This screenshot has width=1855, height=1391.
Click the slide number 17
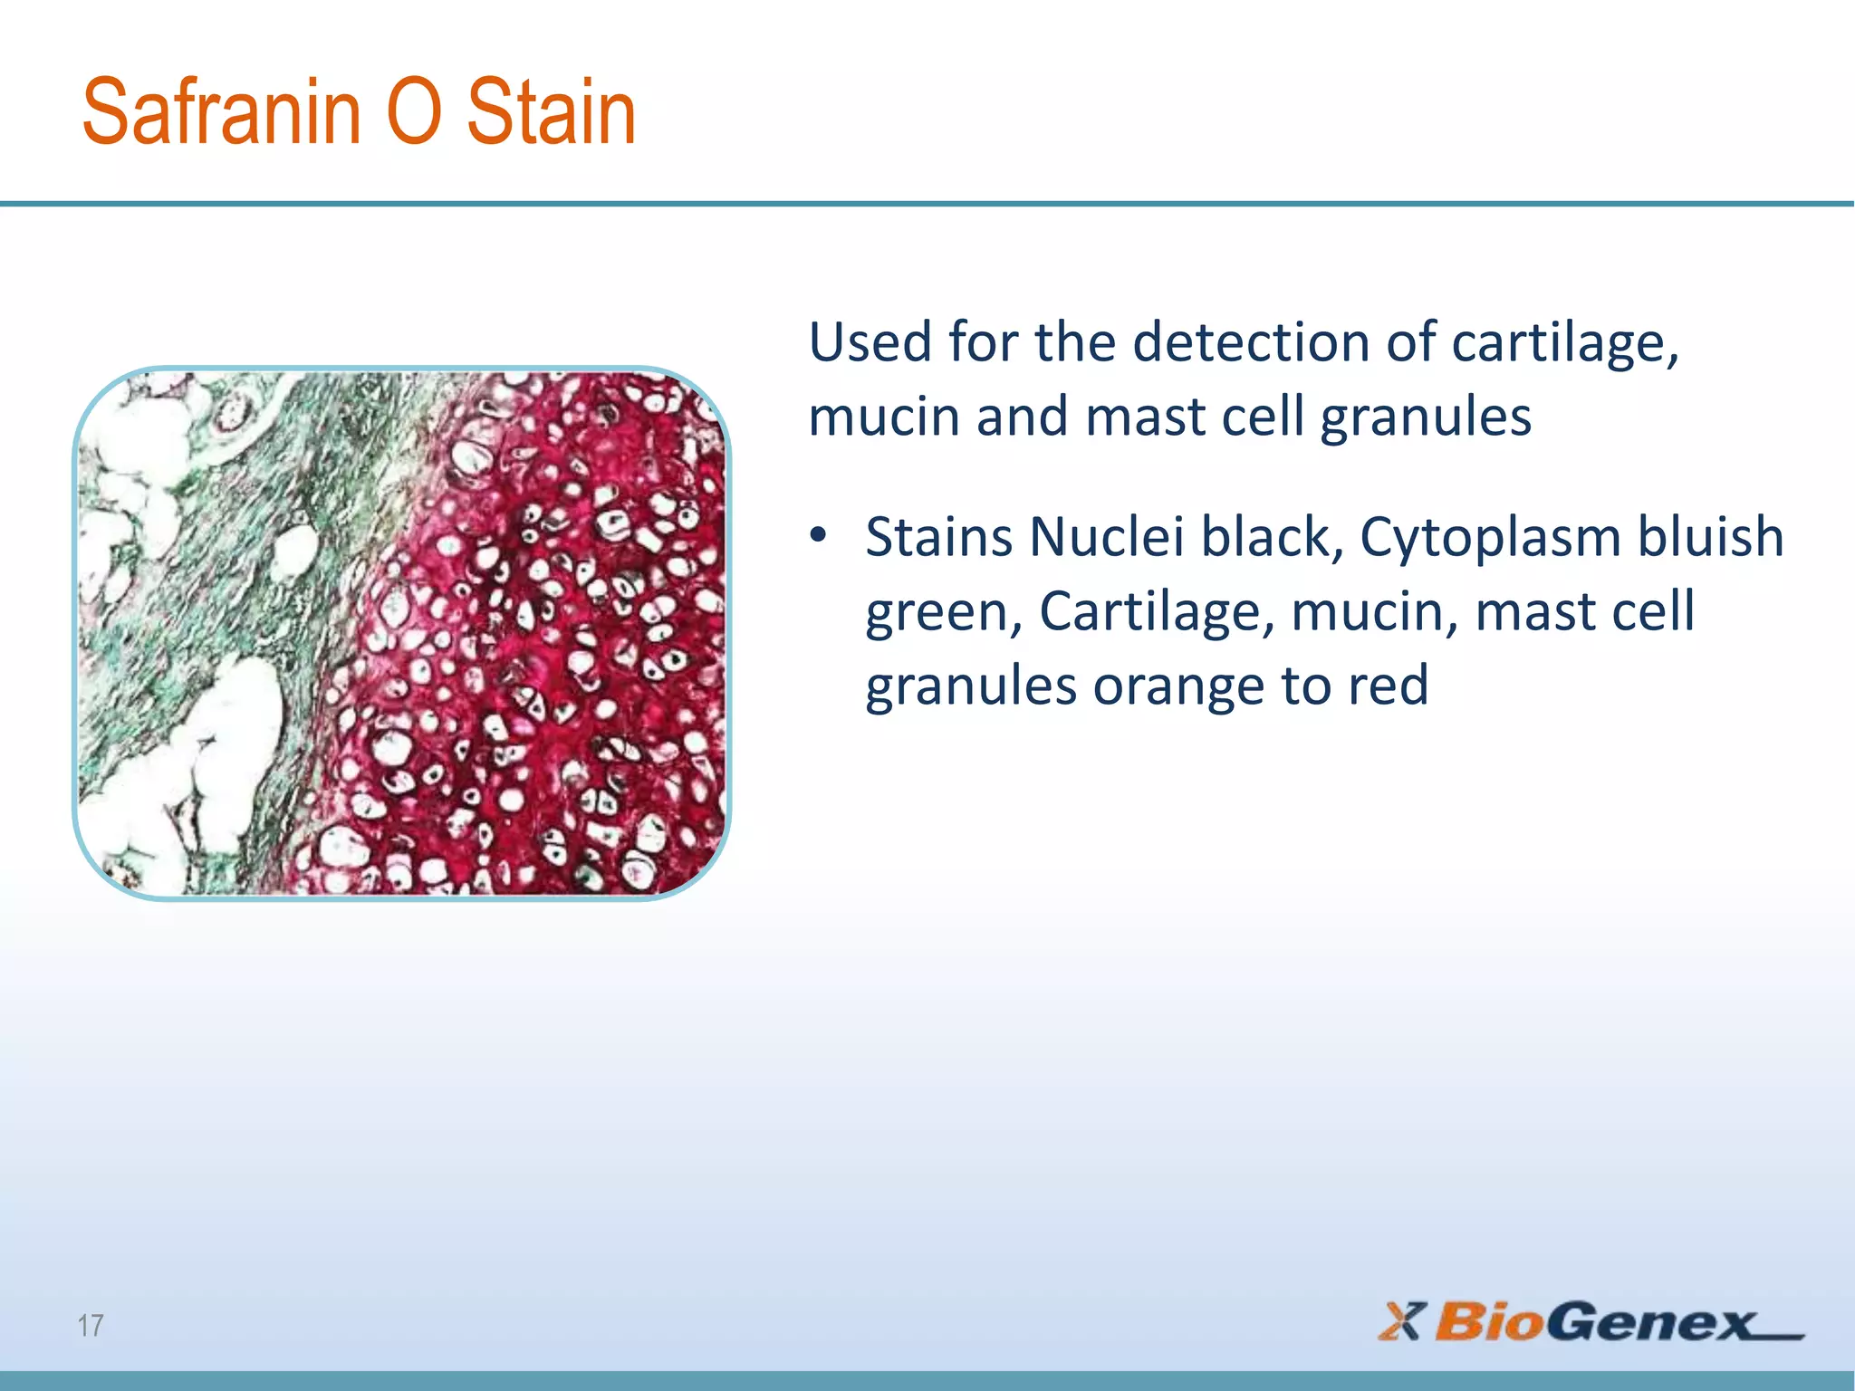pos(91,1325)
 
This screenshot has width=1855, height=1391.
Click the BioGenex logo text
pos(1594,1322)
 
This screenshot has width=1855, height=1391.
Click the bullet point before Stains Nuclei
pos(819,536)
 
